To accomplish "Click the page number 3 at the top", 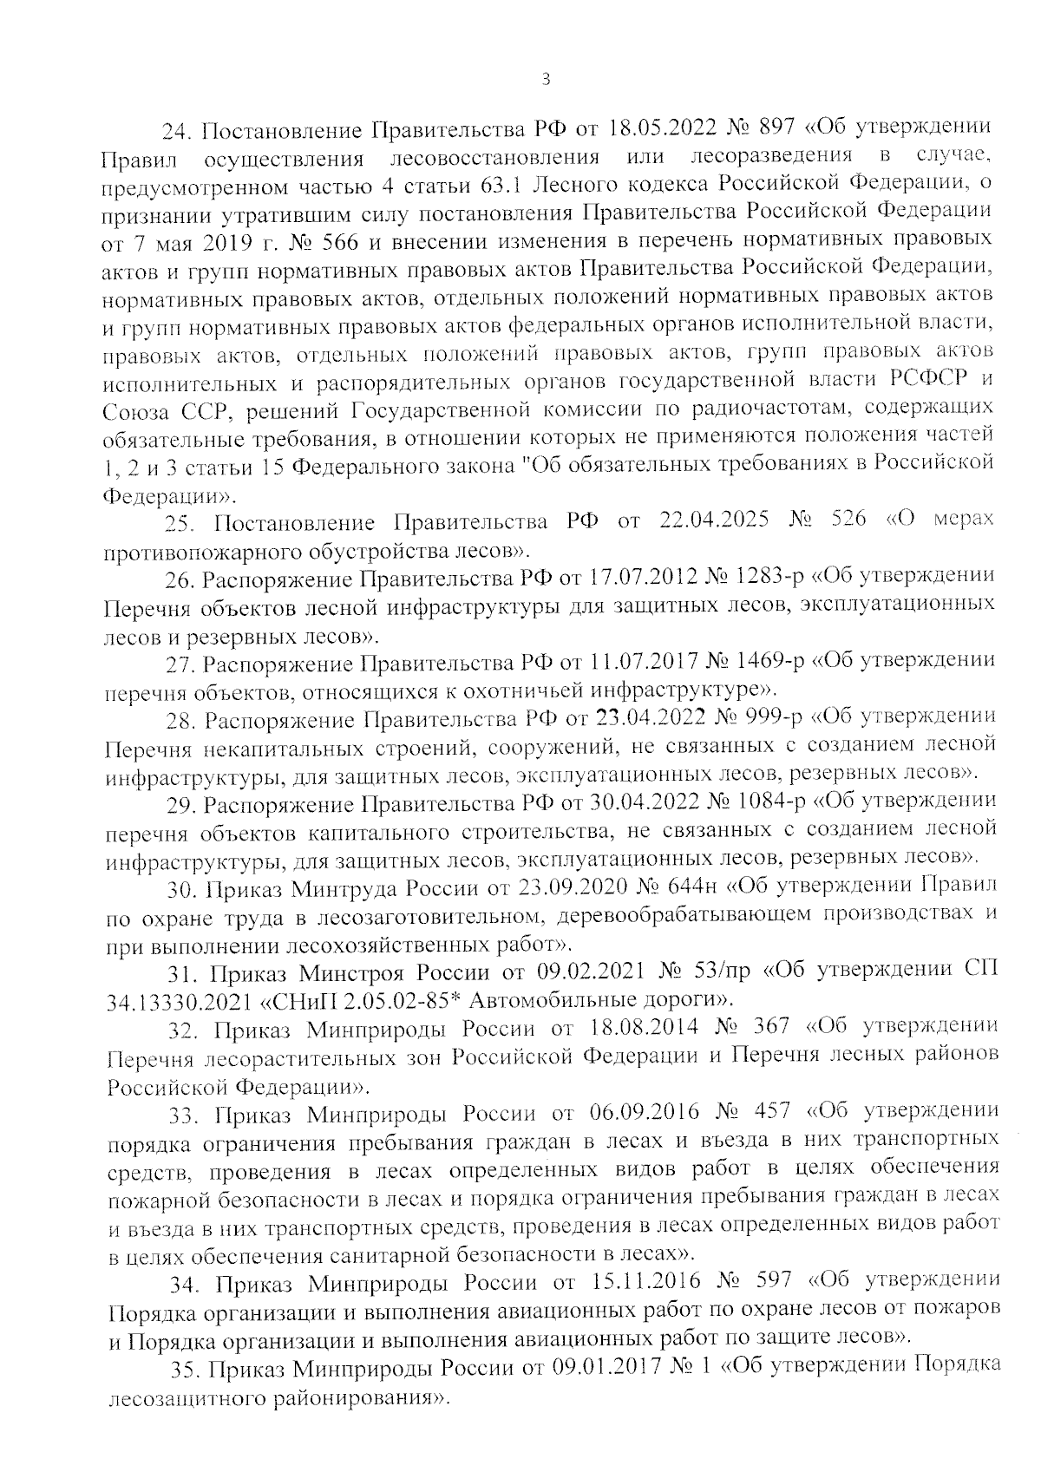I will pos(545,80).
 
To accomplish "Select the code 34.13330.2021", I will pos(178,1000).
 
